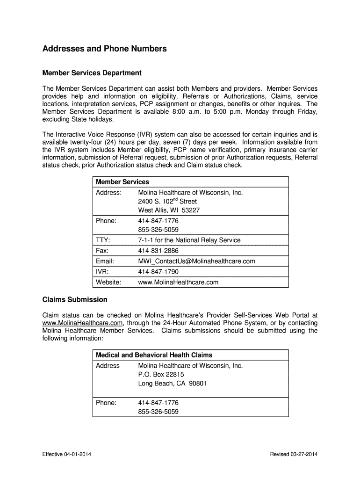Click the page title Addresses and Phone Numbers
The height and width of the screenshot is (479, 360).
click(x=104, y=49)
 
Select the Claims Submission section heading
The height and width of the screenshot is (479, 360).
click(x=75, y=299)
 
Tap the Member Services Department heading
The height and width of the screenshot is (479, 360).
click(x=92, y=73)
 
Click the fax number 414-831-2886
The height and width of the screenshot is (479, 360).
click(x=158, y=251)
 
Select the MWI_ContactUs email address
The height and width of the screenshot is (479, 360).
click(x=196, y=261)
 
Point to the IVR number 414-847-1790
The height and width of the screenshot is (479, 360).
click(x=158, y=272)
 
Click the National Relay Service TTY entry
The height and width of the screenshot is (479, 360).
click(x=189, y=240)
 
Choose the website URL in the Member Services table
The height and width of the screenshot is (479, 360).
click(x=178, y=283)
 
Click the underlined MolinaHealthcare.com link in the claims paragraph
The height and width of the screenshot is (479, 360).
click(x=82, y=323)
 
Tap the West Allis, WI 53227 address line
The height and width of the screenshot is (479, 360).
click(x=169, y=210)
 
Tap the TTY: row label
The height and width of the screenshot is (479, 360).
click(x=103, y=240)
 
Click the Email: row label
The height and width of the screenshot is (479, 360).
click(x=105, y=261)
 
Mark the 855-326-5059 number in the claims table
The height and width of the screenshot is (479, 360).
click(x=158, y=412)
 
